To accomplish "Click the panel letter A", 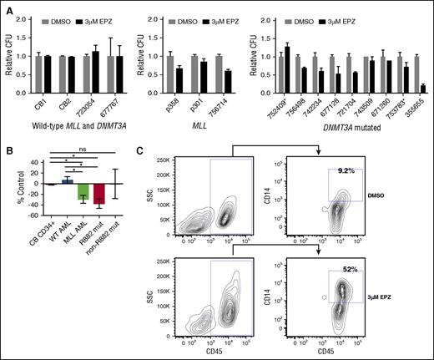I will tap(7, 8).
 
